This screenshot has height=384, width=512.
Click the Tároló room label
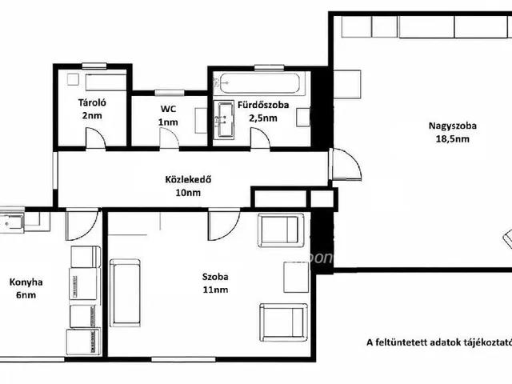pos(92,102)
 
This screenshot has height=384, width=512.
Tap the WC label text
pos(168,109)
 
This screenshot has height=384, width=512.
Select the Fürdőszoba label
pos(263,105)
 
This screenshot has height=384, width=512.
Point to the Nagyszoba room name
pos(452,126)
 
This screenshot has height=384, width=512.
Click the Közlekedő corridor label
pos(188,179)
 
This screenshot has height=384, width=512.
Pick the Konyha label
pos(26,282)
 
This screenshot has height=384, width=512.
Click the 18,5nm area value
pos(453,139)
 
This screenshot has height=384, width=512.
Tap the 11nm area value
pos(215,290)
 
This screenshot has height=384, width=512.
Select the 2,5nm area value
pos(263,118)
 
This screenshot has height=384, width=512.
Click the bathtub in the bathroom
pos(259,83)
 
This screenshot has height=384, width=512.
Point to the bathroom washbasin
pos(224,119)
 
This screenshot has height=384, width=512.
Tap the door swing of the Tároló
pos(96,138)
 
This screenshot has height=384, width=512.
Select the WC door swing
pos(169,138)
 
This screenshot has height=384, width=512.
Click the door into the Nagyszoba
pos(346,164)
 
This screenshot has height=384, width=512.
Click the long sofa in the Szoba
pos(125,293)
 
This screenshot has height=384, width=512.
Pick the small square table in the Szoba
pos(296,277)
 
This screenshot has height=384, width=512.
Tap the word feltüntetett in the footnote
pos(405,342)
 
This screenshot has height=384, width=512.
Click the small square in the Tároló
pos(73,79)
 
